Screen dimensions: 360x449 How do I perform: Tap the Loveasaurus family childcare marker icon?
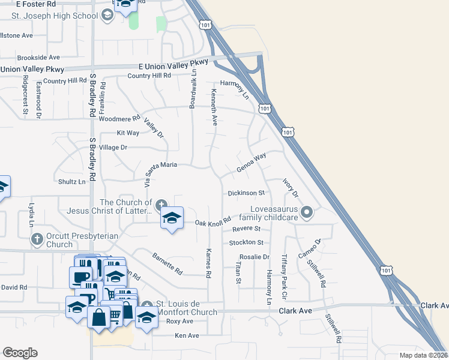pos(307,212)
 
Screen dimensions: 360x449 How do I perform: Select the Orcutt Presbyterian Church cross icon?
pos(37,239)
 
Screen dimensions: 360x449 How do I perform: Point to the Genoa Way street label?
pos(251,164)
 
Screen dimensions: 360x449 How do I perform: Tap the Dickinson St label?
pos(246,193)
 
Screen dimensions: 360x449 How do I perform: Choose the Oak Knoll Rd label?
pos(213,223)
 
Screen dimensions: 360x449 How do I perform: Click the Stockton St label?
pos(246,242)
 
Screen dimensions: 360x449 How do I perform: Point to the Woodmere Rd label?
pos(120,118)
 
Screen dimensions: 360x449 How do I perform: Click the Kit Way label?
pos(128,133)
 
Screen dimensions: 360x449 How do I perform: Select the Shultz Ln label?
pos(71,182)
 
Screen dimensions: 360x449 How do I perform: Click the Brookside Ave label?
pos(38,58)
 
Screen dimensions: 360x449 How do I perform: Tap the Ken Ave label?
pos(186,336)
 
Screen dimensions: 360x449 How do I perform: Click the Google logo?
pos(20,353)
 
